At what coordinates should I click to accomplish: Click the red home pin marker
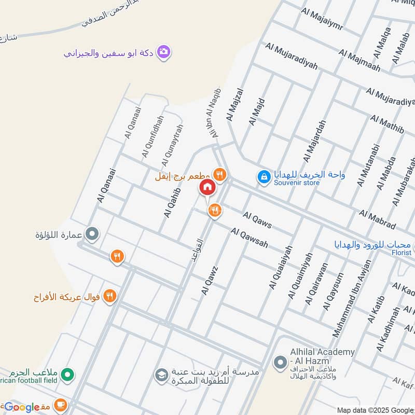[x=206, y=187]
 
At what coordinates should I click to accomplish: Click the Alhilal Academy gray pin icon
[x=281, y=362]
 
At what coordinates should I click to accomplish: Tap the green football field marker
[x=67, y=374]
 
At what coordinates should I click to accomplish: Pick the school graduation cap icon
[x=162, y=374]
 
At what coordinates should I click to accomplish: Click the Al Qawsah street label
[x=250, y=238]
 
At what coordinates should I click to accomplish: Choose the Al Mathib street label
[x=387, y=125]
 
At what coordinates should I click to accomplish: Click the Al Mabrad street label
[x=377, y=219]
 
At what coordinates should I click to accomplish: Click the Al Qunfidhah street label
[x=153, y=136]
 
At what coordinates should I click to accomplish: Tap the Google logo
[x=22, y=407]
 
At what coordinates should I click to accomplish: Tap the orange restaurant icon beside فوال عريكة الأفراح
[x=109, y=296]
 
